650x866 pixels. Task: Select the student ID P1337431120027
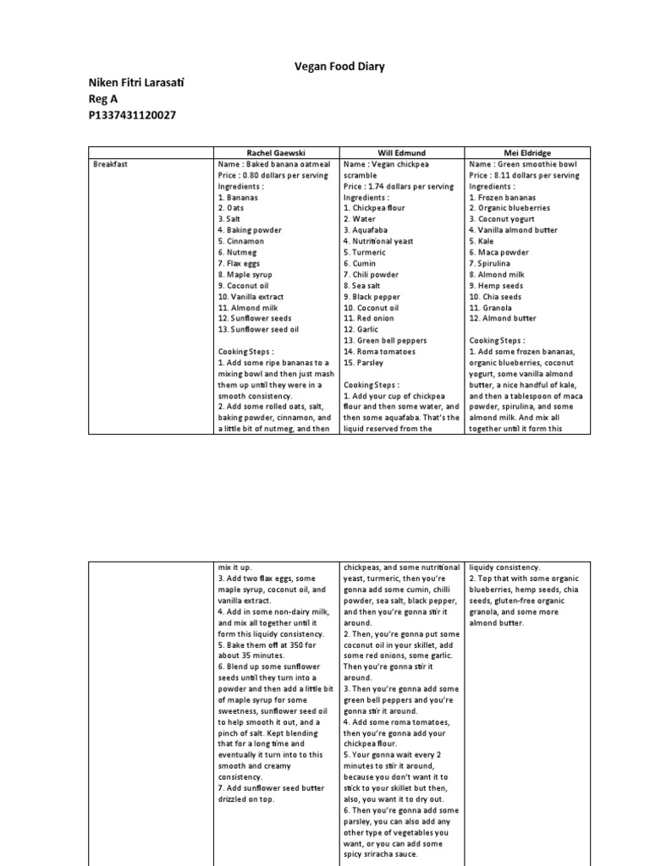[x=132, y=115]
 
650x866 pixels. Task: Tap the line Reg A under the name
[x=105, y=98]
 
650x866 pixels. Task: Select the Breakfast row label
[x=111, y=164]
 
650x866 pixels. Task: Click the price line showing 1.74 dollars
[x=399, y=186]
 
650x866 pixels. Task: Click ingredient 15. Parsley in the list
[x=363, y=362]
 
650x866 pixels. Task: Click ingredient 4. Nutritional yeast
[x=378, y=241]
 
